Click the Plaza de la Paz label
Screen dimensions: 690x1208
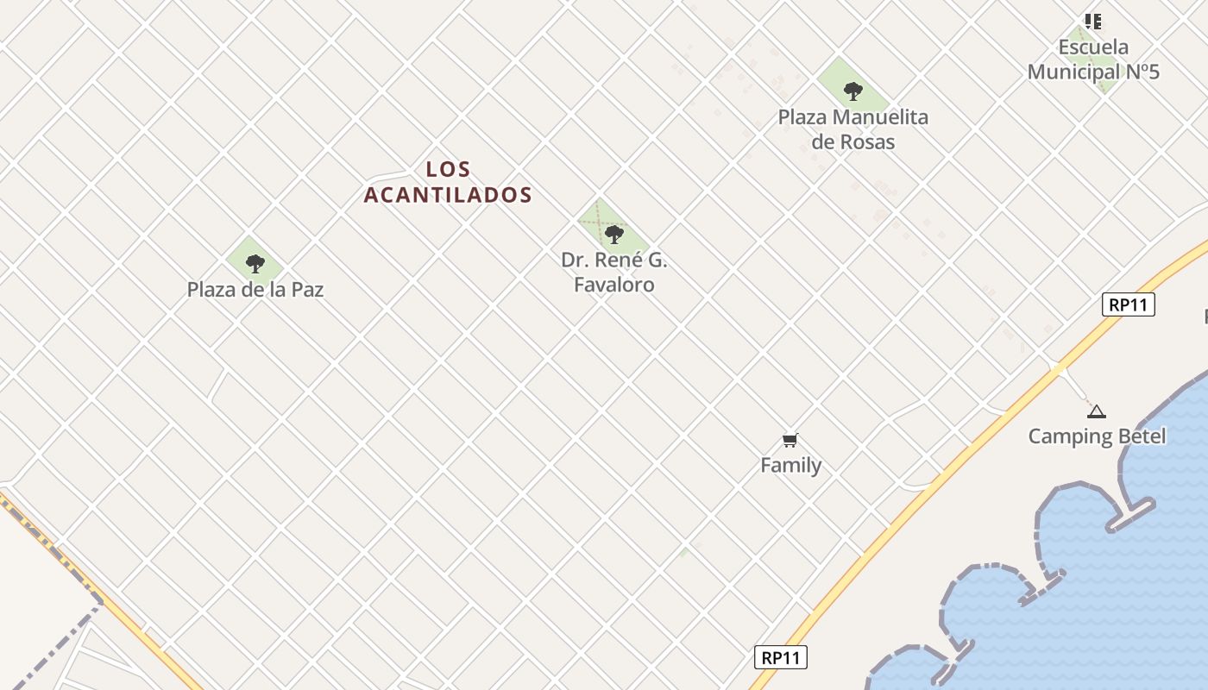[255, 290]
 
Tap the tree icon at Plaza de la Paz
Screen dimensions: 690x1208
[255, 263]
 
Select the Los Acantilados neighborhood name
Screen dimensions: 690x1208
[448, 182]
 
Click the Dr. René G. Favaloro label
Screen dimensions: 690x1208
[614, 273]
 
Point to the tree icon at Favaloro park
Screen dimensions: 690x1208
[614, 234]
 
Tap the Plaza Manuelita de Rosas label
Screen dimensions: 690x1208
[853, 129]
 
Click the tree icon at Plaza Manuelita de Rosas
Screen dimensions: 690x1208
[853, 91]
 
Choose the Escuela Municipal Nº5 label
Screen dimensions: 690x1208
[1093, 60]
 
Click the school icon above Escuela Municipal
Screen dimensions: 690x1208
[1093, 22]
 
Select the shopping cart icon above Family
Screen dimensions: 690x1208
[790, 441]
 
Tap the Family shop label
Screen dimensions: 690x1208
[790, 466]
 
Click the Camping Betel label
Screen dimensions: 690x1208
[1097, 436]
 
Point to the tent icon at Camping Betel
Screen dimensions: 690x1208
[1096, 412]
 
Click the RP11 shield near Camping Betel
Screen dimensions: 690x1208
[1128, 304]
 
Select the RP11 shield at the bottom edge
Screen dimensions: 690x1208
[780, 657]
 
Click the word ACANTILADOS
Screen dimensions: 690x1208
[448, 195]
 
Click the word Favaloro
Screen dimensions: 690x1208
[614, 285]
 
